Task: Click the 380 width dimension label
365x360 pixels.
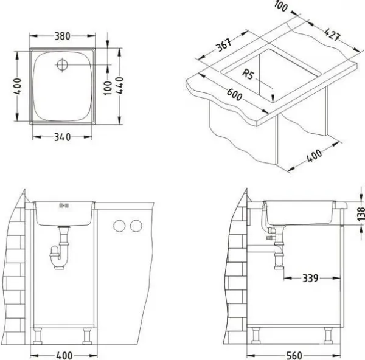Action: (x=63, y=36)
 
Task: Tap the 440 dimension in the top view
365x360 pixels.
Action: (x=119, y=85)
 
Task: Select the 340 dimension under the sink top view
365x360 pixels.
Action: (x=63, y=137)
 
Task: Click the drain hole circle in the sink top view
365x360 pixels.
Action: (x=62, y=64)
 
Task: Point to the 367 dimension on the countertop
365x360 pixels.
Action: (x=224, y=45)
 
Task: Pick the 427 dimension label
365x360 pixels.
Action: (x=332, y=35)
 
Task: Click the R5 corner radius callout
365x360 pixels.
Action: (x=248, y=74)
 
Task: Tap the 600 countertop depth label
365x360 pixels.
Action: (x=234, y=95)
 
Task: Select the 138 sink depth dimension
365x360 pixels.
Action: (x=361, y=214)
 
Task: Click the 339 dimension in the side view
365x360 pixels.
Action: (x=310, y=278)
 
